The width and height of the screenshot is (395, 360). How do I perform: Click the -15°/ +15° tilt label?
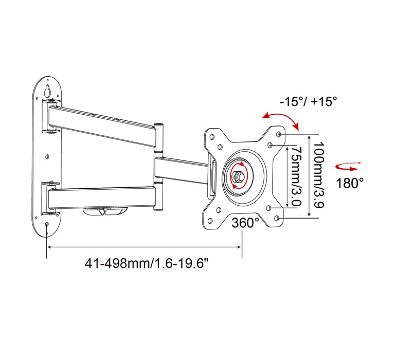309,101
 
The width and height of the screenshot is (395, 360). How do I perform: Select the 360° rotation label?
245,223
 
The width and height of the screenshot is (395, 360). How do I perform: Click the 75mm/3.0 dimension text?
295,175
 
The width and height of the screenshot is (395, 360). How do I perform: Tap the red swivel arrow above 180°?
348,166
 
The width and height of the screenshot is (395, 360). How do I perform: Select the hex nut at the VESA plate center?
239,176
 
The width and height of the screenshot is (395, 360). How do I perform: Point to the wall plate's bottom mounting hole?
47,224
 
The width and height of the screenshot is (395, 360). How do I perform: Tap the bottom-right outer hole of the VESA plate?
279,219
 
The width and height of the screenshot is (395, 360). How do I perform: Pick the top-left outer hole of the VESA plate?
210,137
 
